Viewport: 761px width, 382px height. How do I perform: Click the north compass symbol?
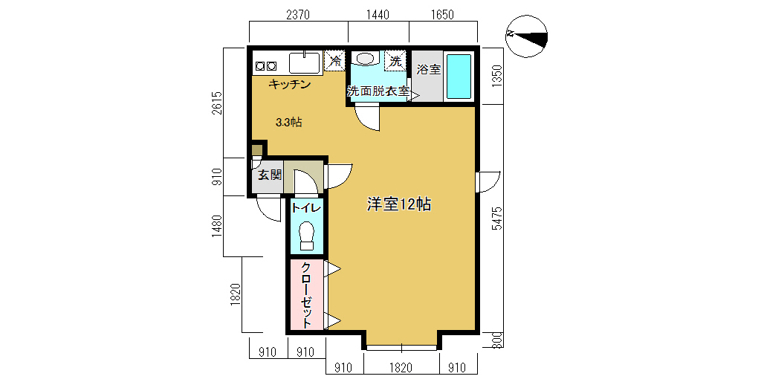[x=526, y=36]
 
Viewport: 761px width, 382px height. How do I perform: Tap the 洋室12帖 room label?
[x=399, y=204]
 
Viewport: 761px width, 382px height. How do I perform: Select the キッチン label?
[x=290, y=85]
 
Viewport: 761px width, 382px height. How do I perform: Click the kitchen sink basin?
[x=305, y=62]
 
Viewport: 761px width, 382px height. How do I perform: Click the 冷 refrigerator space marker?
[x=335, y=61]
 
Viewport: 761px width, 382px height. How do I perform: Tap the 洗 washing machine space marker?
[x=395, y=61]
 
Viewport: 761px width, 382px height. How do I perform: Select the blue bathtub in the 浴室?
[x=459, y=77]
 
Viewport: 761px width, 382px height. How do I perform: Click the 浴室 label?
[x=429, y=69]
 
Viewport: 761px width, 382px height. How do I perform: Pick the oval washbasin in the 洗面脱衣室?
[x=366, y=58]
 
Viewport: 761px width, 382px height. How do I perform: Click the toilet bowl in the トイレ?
[x=307, y=236]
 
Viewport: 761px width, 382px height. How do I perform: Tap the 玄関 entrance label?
[x=270, y=175]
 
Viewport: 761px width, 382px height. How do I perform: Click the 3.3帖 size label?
[x=289, y=123]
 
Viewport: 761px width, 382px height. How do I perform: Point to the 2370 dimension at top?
[x=298, y=15]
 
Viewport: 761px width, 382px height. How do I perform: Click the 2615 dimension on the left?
[x=217, y=103]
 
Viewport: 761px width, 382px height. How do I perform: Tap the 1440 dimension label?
[x=378, y=15]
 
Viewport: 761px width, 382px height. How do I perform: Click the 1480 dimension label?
[x=217, y=227]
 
